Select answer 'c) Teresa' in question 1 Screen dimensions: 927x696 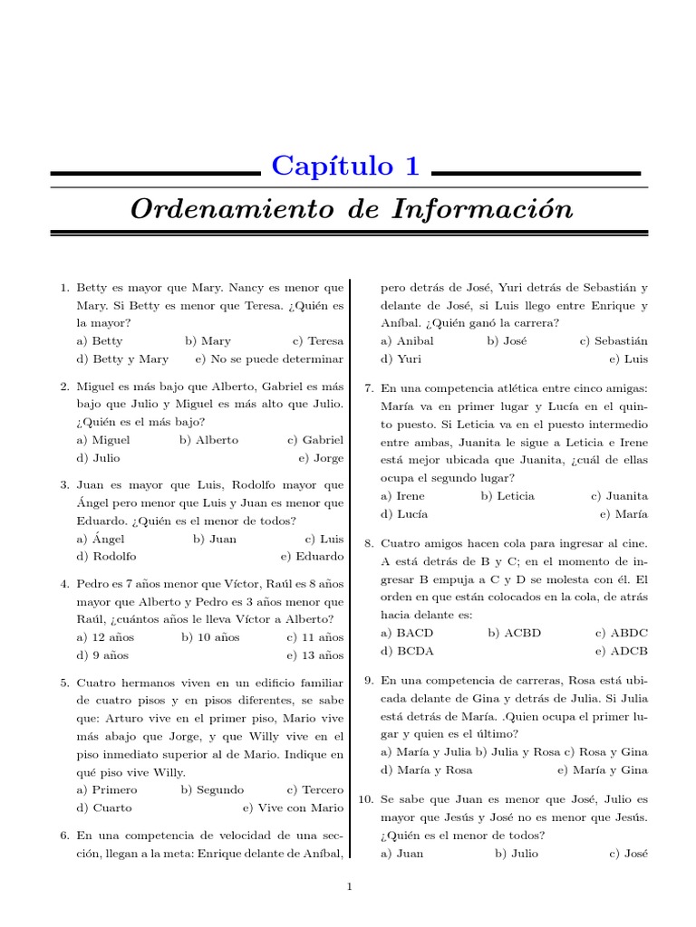[318, 341]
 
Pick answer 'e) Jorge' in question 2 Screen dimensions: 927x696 [321, 458]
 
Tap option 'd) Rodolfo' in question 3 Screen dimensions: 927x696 [107, 557]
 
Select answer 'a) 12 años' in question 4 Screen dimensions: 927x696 [106, 637]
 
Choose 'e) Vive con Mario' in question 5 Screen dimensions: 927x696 [293, 808]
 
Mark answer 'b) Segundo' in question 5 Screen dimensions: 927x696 [212, 789]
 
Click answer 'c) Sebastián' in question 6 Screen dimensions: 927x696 [614, 341]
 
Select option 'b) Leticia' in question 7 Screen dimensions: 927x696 [507, 496]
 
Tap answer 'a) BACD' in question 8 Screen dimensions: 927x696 [407, 633]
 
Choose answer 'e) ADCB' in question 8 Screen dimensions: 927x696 [622, 651]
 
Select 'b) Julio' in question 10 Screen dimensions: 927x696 [516, 854]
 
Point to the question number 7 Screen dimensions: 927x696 [369, 388]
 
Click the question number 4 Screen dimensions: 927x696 [64, 584]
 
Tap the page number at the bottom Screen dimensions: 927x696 [349, 887]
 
